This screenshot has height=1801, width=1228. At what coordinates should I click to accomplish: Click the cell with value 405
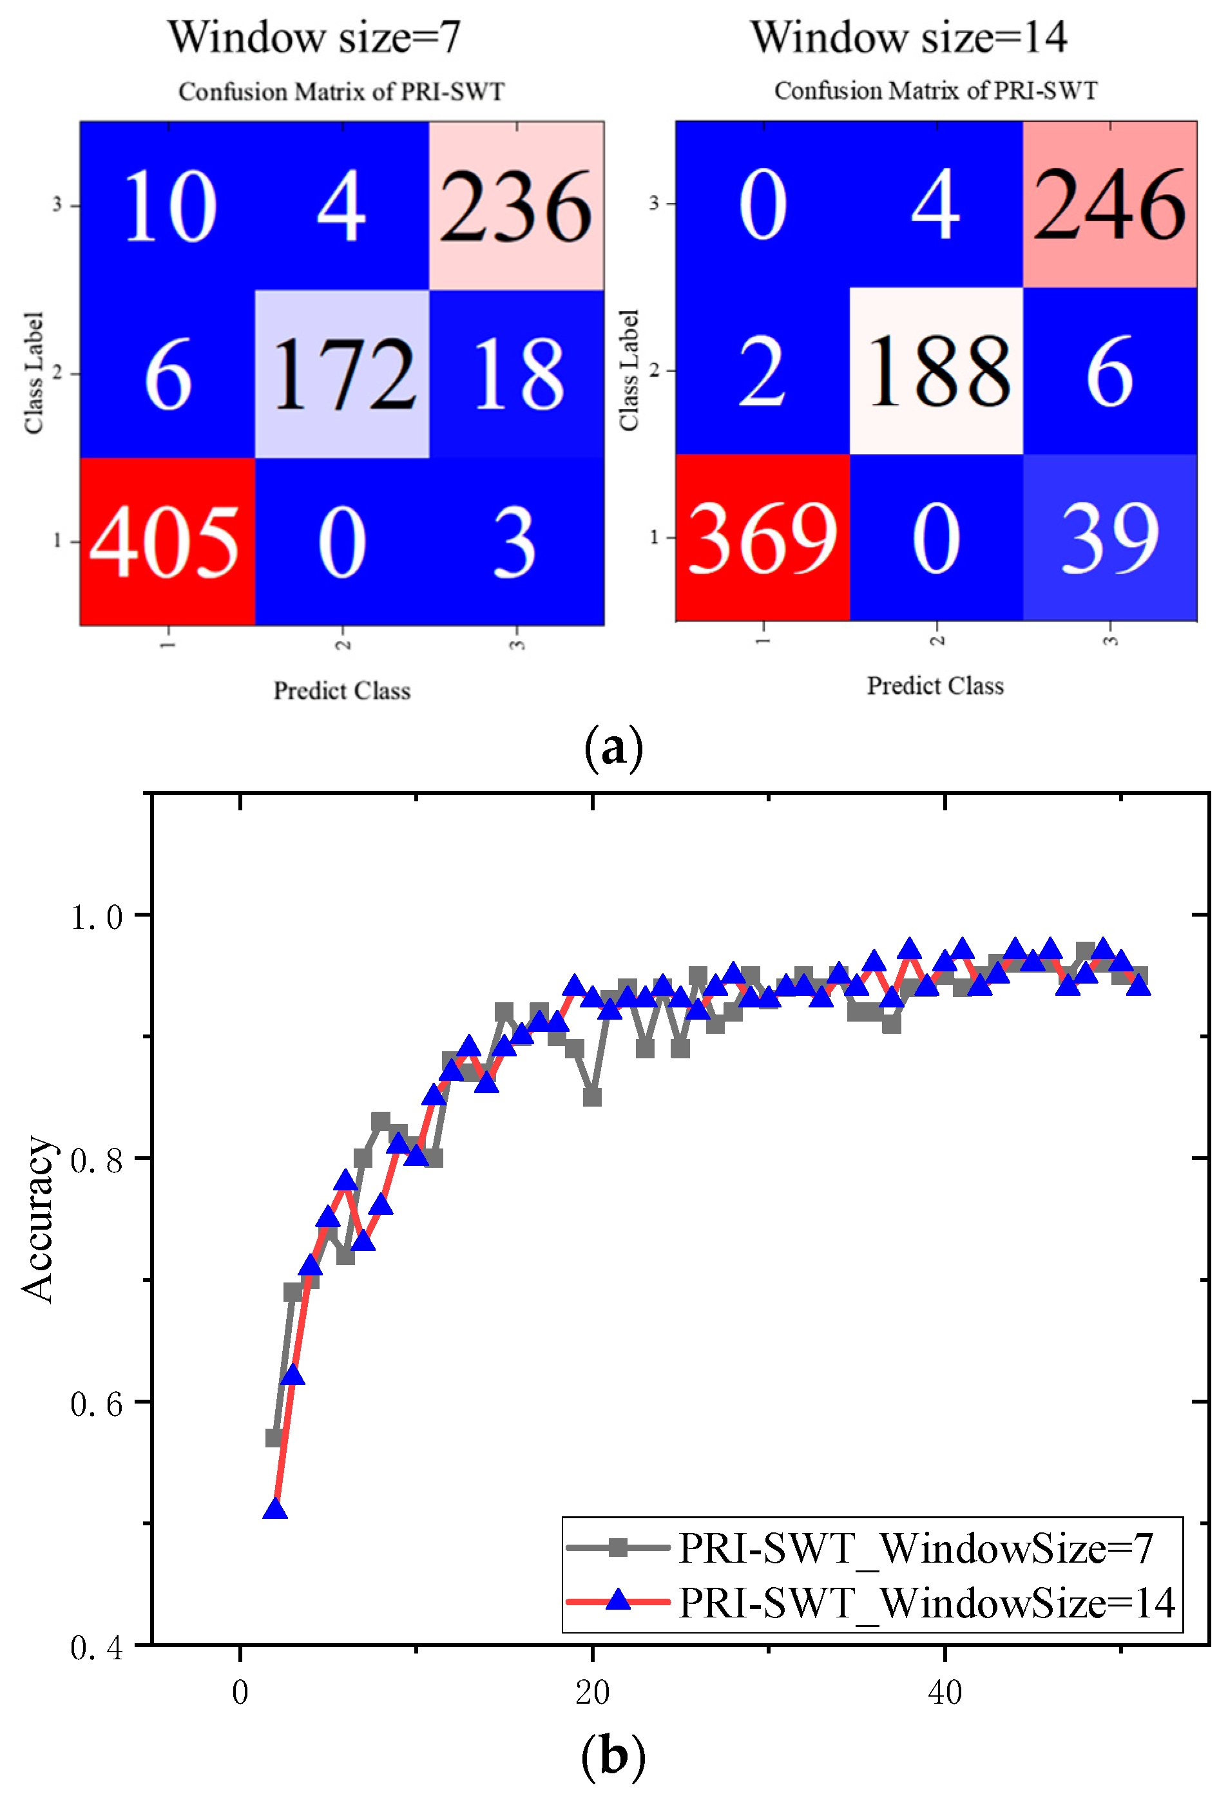click(x=167, y=541)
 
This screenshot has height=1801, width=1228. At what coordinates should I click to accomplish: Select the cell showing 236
click(x=516, y=206)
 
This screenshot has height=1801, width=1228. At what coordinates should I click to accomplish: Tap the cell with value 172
click(x=342, y=374)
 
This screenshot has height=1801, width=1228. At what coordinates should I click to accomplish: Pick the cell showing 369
click(x=762, y=537)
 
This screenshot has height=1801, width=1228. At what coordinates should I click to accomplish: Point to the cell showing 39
click(x=1109, y=537)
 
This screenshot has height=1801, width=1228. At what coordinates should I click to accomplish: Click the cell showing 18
click(x=516, y=374)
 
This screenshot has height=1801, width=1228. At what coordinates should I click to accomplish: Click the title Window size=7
click(x=314, y=37)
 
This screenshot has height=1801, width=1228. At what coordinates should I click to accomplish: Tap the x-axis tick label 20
click(x=592, y=1693)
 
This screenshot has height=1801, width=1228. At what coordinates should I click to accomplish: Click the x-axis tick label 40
click(x=945, y=1693)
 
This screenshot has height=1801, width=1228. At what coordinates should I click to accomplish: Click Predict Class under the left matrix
click(x=342, y=691)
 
